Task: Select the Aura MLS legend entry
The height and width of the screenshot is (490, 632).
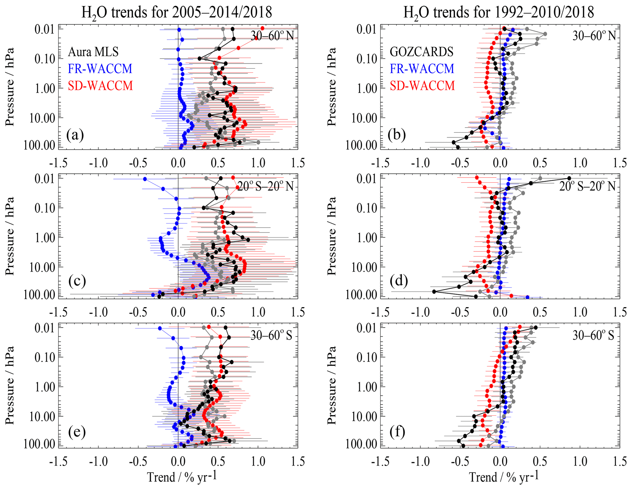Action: (93, 52)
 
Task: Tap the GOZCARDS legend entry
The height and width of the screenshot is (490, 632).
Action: (422, 52)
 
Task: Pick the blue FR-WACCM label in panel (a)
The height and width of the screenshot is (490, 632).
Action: (100, 69)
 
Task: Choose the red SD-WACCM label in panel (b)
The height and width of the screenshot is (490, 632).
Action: (422, 86)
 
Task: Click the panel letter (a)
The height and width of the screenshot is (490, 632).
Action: (75, 135)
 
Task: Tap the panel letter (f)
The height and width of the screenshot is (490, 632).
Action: (397, 431)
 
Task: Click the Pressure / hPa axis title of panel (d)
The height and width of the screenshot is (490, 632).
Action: (331, 236)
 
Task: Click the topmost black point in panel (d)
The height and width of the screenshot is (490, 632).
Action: (569, 178)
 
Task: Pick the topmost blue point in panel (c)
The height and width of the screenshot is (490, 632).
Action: (145, 179)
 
